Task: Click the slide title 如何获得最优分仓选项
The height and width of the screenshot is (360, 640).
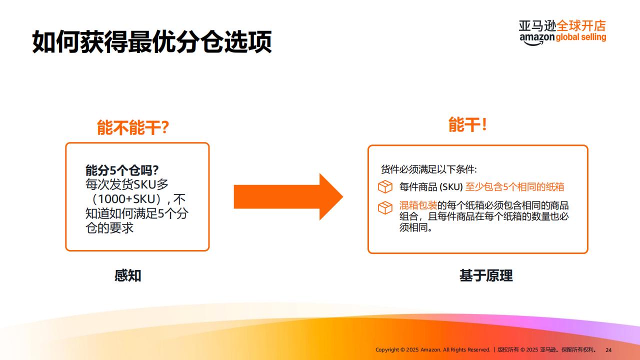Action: coord(151,41)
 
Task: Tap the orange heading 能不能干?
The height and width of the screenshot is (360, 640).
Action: coord(133,127)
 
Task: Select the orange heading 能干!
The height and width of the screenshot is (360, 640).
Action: coord(467,124)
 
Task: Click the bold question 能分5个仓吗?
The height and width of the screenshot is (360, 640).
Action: coord(122,170)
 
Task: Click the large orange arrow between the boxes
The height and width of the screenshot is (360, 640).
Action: coord(288,196)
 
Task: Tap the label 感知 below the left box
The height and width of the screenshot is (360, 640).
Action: coord(127,275)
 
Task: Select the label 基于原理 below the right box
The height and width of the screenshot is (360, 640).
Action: coord(486,275)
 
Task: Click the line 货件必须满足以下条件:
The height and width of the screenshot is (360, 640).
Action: coord(429,169)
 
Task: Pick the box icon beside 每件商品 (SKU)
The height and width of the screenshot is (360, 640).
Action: coord(385,187)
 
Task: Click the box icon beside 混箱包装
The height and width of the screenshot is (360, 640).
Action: coord(385,207)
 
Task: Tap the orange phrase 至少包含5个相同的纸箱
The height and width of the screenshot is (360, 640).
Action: coord(514,187)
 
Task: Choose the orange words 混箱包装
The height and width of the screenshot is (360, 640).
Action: coord(418,205)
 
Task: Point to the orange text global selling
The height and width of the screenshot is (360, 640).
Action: coord(581,37)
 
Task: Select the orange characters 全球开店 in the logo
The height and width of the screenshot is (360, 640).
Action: coord(581,25)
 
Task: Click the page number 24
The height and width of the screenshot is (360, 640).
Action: coord(608,350)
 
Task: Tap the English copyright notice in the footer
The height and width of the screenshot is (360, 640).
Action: coord(433,349)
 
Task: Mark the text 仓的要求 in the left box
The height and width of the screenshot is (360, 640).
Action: coord(109,228)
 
